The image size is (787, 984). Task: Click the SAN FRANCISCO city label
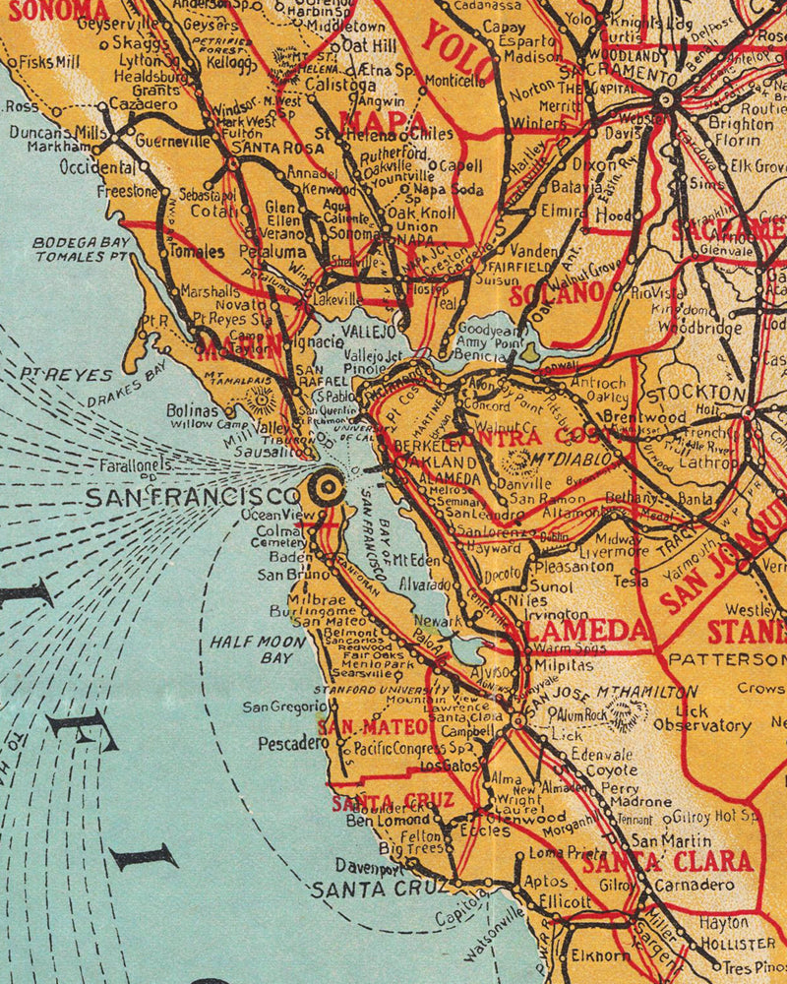(x=192, y=497)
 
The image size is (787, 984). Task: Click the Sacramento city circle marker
(x=665, y=98)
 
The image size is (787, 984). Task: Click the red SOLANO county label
(x=557, y=292)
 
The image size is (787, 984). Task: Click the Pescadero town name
(x=292, y=744)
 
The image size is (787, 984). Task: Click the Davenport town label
(x=369, y=868)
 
